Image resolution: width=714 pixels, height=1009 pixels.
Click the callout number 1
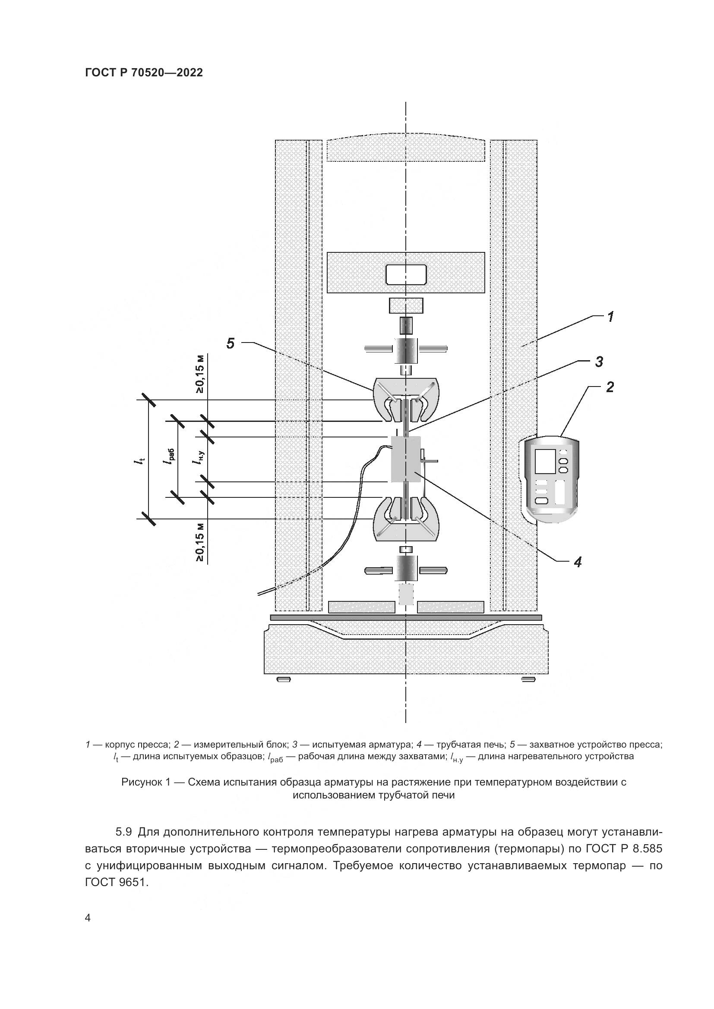click(611, 316)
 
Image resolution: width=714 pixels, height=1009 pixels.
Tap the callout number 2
click(610, 387)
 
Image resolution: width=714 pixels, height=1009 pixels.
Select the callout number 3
click(599, 361)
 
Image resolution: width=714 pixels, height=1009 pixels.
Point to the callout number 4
click(578, 561)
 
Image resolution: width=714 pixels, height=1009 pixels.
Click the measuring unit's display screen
click(545, 461)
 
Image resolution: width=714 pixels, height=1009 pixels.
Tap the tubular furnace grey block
click(406, 459)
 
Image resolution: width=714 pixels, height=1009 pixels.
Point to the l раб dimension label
click(170, 459)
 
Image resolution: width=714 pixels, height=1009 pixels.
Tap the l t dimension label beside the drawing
click(139, 460)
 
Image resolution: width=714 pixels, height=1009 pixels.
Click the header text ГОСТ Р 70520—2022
click(144, 72)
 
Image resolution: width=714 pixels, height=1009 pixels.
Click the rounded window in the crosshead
click(406, 275)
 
